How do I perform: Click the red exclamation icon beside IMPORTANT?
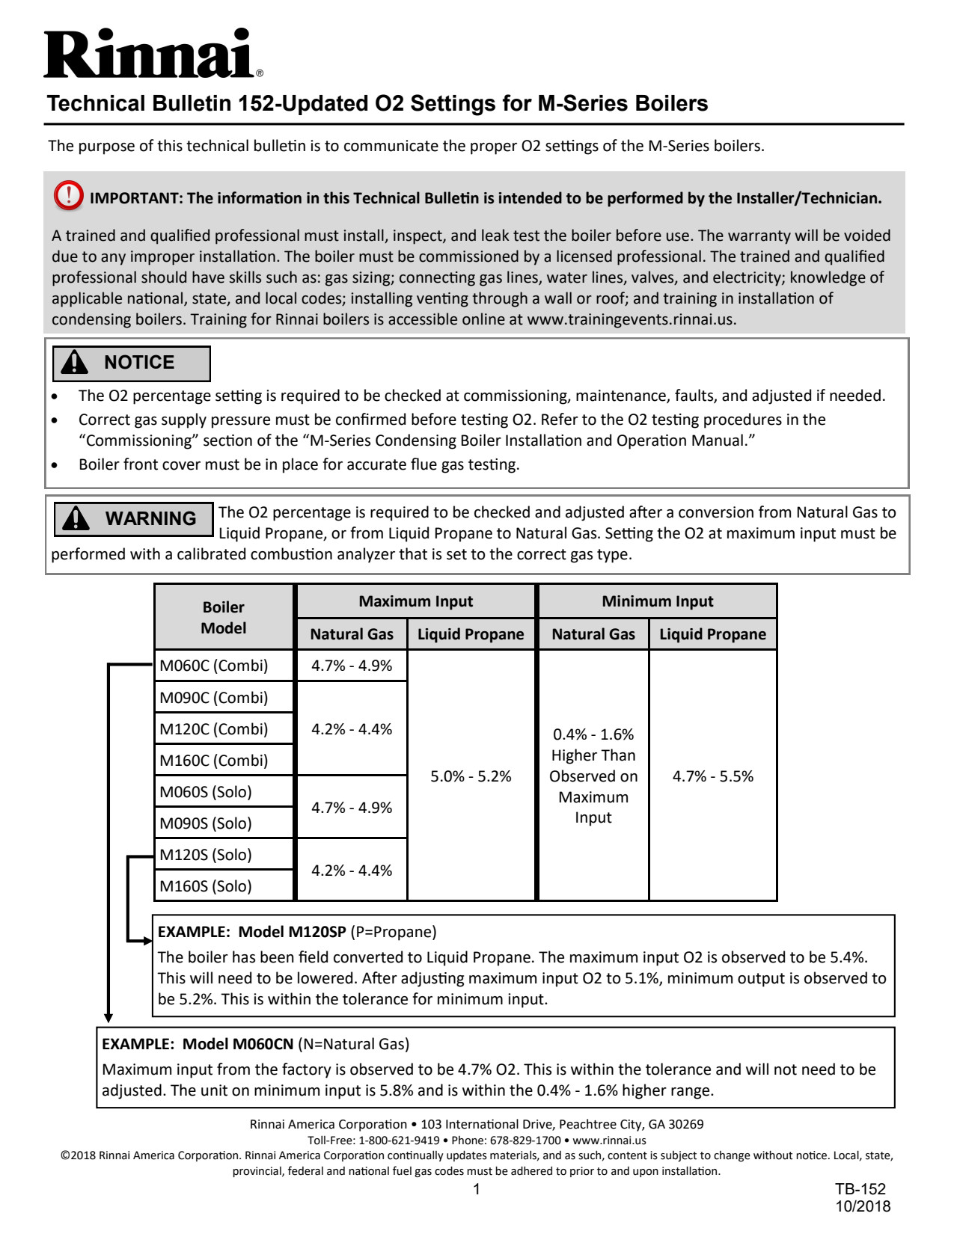click(68, 196)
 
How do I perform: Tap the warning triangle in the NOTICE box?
click(75, 363)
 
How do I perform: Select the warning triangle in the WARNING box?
click(76, 518)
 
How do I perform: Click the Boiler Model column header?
click(223, 617)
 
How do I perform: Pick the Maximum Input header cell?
click(415, 601)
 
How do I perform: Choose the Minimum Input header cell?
click(657, 601)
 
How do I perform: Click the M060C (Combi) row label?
click(214, 666)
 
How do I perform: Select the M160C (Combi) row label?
click(214, 761)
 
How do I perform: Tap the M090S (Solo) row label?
click(206, 823)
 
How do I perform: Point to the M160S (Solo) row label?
click(206, 886)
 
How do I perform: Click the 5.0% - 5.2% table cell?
click(471, 776)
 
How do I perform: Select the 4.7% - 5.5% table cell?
click(712, 776)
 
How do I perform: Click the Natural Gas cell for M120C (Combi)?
click(352, 729)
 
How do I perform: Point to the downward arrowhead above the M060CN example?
click(108, 1018)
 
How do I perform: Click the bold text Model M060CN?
click(238, 1044)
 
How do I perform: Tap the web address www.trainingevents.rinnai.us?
click(630, 319)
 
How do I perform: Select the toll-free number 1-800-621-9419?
click(399, 1141)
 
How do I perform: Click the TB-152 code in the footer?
click(860, 1189)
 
